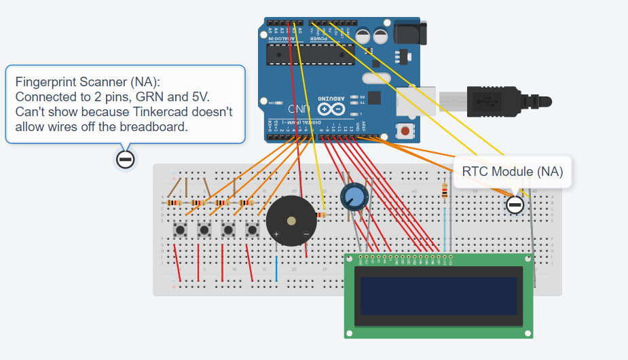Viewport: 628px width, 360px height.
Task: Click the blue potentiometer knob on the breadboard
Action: pyautogui.click(x=353, y=197)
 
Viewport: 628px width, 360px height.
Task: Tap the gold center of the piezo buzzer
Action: pyautogui.click(x=291, y=221)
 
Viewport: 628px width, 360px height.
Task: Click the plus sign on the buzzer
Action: pyautogui.click(x=276, y=234)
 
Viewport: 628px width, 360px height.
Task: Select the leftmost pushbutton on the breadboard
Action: pyautogui.click(x=181, y=230)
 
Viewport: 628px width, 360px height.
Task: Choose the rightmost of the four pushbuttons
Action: pyautogui.click(x=252, y=230)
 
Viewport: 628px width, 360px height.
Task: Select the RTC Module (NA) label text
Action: pyautogui.click(x=513, y=171)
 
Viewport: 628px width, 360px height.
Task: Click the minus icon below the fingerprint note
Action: pyautogui.click(x=125, y=160)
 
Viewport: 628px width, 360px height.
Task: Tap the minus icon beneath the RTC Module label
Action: pyautogui.click(x=515, y=204)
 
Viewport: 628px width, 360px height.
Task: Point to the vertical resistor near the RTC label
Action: pyautogui.click(x=445, y=192)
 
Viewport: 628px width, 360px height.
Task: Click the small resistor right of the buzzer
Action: pyautogui.click(x=321, y=215)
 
